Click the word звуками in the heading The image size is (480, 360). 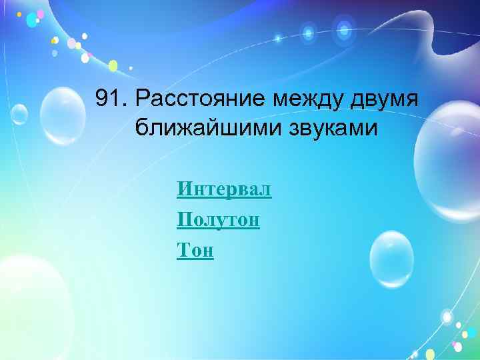click(x=323, y=127)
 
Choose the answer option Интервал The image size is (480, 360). click(x=224, y=190)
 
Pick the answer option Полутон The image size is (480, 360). click(x=218, y=219)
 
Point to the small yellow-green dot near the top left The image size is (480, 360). click(x=113, y=65)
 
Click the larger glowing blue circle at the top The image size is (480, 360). click(x=344, y=29)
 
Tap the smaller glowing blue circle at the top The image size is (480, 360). click(x=308, y=31)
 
